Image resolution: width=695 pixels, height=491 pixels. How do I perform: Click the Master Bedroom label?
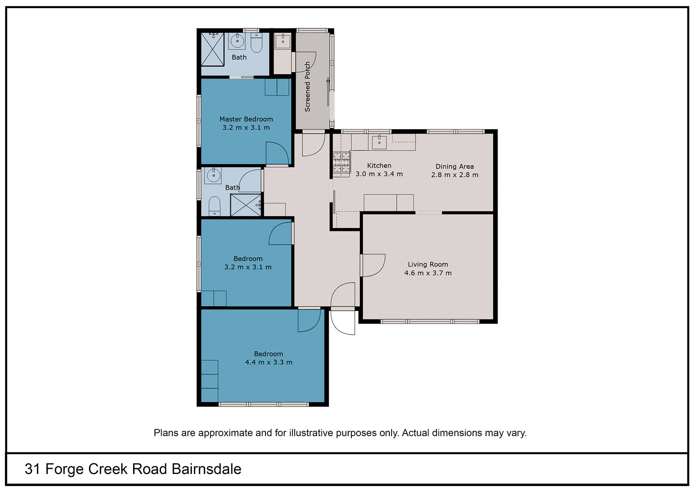[x=246, y=119]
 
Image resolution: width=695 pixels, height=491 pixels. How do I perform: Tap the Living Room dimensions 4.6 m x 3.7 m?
[x=428, y=273]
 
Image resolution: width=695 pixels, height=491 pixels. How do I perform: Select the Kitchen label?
[x=379, y=166]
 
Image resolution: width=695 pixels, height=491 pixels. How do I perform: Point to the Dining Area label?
[x=455, y=167]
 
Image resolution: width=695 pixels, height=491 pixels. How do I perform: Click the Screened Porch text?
[x=307, y=87]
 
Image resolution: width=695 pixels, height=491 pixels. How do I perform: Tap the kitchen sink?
[x=379, y=142]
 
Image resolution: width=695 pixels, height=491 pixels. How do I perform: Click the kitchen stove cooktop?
[x=341, y=163]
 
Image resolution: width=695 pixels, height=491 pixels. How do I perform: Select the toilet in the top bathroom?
[x=256, y=43]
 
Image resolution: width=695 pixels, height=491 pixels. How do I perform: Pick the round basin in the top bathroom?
[x=237, y=41]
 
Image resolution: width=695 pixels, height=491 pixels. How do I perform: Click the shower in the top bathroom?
[x=212, y=49]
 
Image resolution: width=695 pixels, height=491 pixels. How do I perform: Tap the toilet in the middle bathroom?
[x=214, y=206]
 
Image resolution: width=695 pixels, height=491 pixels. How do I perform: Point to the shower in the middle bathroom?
[x=245, y=205]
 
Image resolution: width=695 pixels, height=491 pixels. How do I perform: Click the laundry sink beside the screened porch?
[x=283, y=41]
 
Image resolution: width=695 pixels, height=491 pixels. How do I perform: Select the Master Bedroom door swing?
[x=277, y=153]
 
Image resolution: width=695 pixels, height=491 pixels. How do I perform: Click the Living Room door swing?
[x=373, y=265]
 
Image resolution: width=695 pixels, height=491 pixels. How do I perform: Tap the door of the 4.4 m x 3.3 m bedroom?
[x=309, y=320]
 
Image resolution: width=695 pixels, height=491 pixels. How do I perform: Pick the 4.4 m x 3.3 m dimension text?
[x=269, y=362]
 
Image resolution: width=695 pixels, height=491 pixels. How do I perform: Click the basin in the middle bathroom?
[x=213, y=175]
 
